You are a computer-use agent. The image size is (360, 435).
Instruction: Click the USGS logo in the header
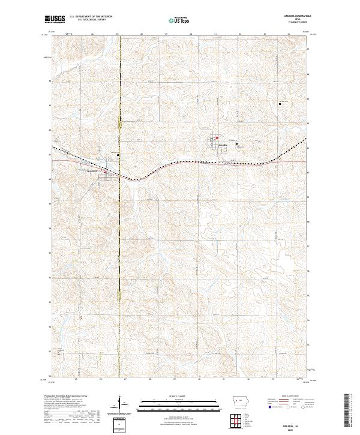55,19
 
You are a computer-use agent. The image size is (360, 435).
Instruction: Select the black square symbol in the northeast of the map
280,104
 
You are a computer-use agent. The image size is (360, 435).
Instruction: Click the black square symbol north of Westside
118,155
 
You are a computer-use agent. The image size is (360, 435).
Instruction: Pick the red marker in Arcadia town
217,137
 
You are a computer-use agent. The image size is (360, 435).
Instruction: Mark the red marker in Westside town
106,172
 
